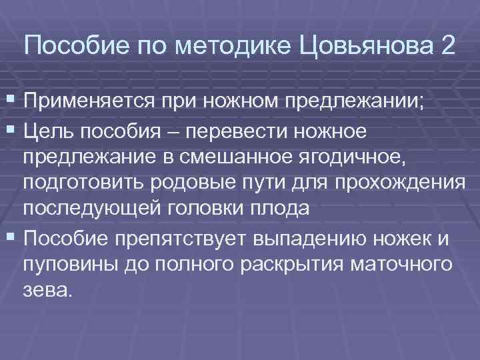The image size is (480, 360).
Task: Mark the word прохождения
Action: [399, 183]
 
